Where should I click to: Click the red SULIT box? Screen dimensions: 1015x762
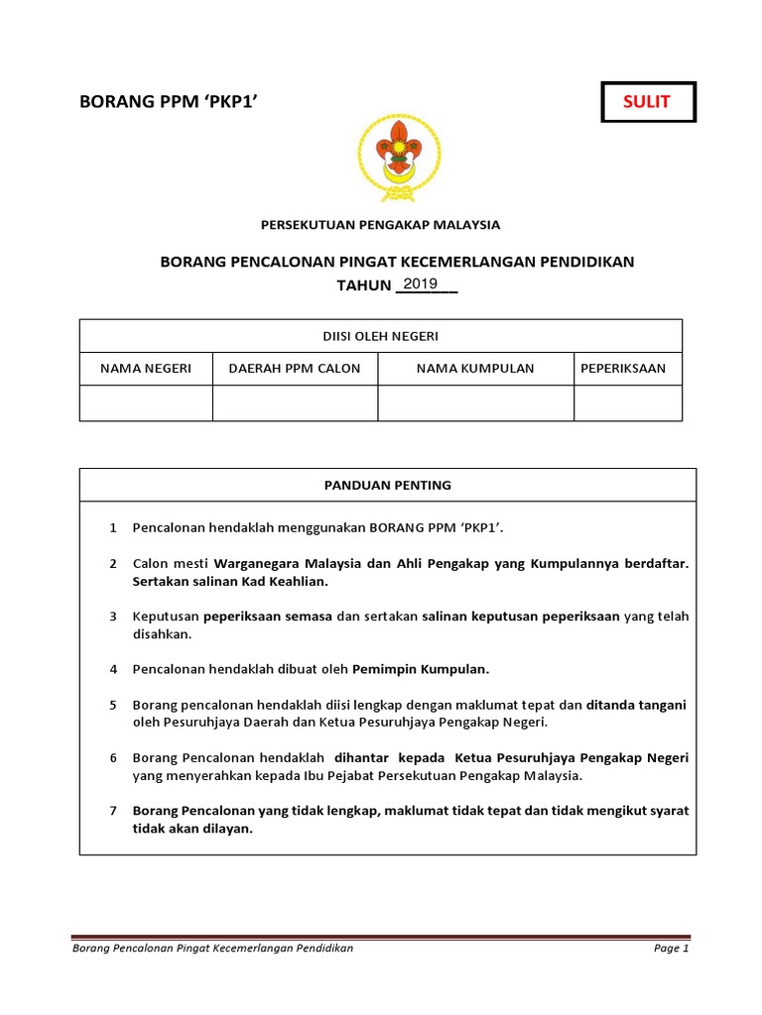pyautogui.click(x=646, y=101)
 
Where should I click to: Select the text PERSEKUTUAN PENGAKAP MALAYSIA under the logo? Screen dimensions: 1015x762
pyautogui.click(x=381, y=225)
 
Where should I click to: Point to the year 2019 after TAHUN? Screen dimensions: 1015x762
pyautogui.click(x=421, y=284)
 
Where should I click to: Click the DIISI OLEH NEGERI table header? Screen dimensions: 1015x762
pyautogui.click(x=381, y=336)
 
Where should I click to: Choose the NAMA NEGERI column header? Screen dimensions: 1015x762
pyautogui.click(x=146, y=369)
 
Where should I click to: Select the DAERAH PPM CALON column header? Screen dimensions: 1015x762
pyautogui.click(x=295, y=369)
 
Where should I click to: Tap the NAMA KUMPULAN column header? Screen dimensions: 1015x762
pyautogui.click(x=475, y=369)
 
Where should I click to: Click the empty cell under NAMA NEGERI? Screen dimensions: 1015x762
pyautogui.click(x=146, y=403)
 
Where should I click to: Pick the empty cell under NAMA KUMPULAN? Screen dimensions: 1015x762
pyautogui.click(x=475, y=403)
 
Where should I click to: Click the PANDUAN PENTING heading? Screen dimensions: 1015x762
pyautogui.click(x=388, y=486)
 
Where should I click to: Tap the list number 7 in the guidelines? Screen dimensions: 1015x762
pyautogui.click(x=114, y=811)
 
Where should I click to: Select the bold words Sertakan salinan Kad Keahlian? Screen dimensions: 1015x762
pyautogui.click(x=230, y=581)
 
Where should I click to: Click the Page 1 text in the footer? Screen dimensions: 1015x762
pyautogui.click(x=671, y=949)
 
